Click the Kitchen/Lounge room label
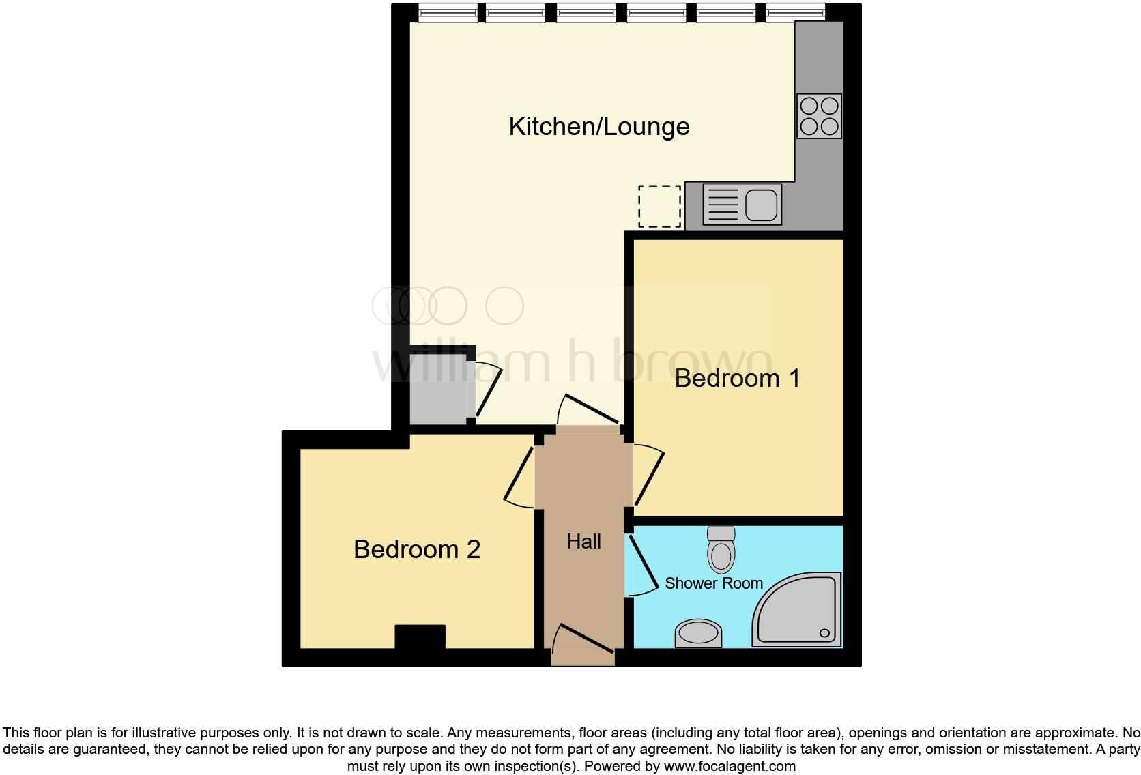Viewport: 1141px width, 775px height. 599,127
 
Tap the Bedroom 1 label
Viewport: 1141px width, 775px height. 737,378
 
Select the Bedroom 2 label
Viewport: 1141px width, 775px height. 417,549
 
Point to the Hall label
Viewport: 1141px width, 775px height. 583,542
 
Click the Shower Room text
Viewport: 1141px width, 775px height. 713,583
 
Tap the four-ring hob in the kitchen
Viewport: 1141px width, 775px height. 819,116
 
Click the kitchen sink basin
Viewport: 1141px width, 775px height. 762,204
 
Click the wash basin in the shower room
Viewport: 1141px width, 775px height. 698,632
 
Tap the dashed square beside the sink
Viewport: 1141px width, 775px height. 659,206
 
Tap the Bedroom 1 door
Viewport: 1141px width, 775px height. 648,475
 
